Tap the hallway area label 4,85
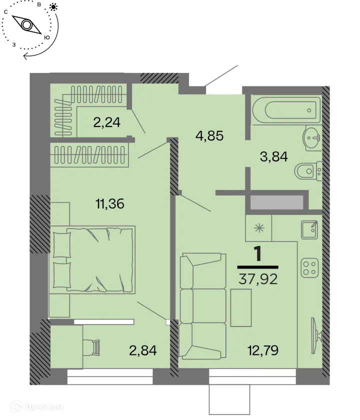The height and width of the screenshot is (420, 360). pyautogui.click(x=208, y=135)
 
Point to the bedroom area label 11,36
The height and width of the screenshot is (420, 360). pyautogui.click(x=109, y=203)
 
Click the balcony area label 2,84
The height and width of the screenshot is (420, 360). pyautogui.click(x=142, y=349)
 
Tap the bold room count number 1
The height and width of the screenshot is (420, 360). pyautogui.click(x=258, y=254)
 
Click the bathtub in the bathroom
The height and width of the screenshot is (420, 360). pyautogui.click(x=286, y=109)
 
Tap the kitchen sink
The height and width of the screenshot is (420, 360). pyautogui.click(x=310, y=229)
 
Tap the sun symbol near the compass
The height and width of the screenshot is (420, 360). pyautogui.click(x=54, y=7)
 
